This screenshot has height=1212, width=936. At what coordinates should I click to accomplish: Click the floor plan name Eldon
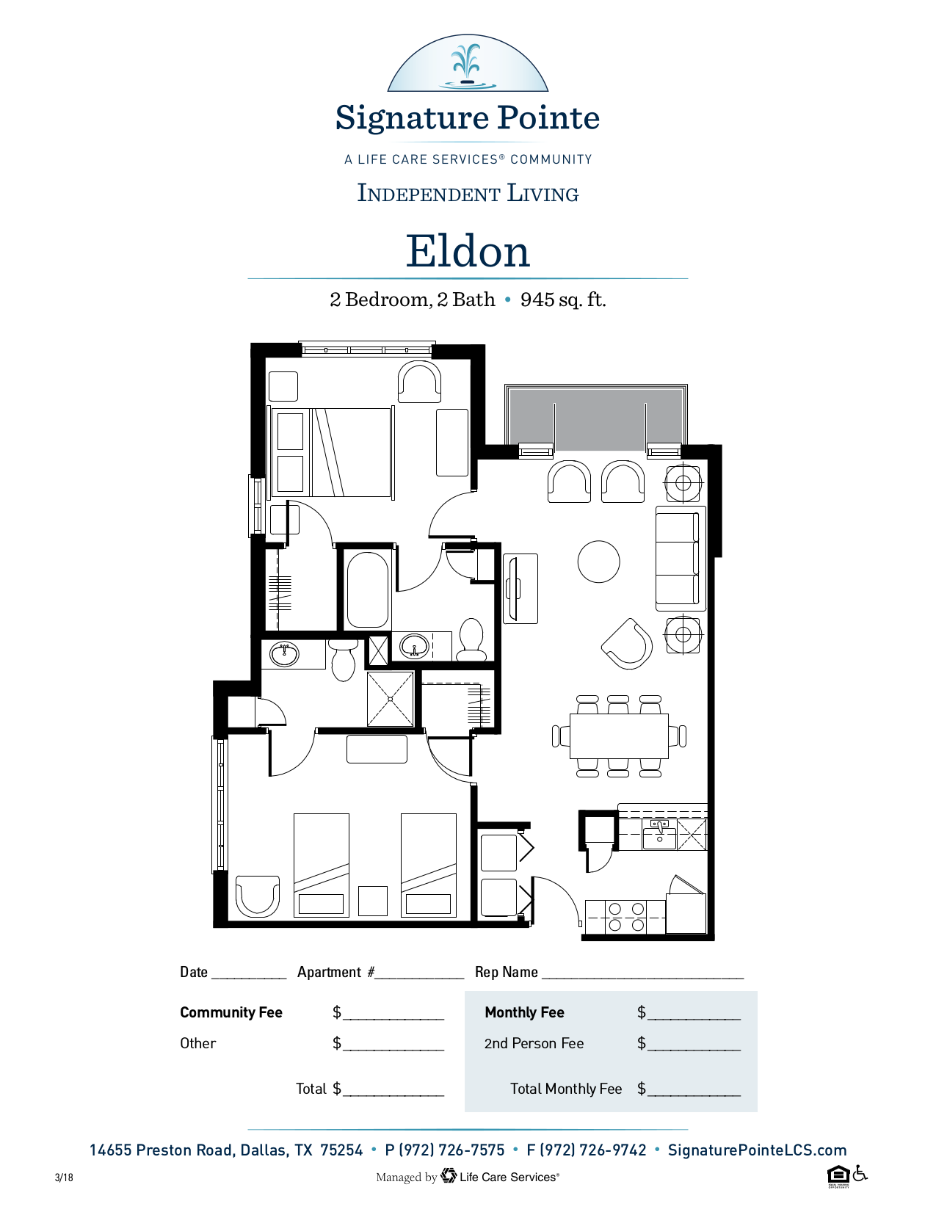[468, 251]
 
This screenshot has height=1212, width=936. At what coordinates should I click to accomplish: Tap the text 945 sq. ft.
[563, 300]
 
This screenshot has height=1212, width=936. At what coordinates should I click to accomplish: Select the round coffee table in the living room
[598, 562]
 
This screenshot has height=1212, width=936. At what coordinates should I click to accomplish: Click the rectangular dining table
[619, 736]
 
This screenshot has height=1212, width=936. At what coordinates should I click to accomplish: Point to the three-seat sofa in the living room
[681, 559]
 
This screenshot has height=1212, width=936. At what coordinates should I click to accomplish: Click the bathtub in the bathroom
[367, 590]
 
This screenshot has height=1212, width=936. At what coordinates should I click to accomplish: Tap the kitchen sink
[659, 834]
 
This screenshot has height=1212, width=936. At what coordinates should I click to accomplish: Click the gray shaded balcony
[596, 419]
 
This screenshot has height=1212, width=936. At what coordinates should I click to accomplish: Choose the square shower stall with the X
[391, 699]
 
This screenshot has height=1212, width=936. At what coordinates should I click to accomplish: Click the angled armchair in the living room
[627, 644]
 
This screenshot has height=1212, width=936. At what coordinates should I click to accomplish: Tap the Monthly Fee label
[524, 1012]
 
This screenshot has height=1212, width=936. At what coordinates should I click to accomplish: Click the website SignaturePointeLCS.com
[757, 1150]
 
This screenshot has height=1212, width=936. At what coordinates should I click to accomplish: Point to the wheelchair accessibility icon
[860, 1173]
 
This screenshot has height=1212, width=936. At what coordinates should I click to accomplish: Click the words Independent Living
[468, 193]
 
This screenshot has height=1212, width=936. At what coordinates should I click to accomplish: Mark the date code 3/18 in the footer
[64, 1177]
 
